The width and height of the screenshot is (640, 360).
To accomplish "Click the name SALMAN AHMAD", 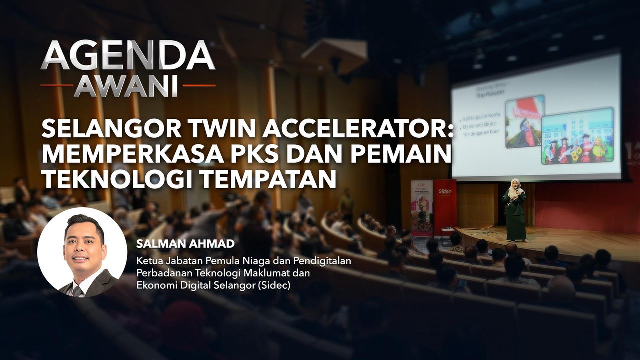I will click(165, 244).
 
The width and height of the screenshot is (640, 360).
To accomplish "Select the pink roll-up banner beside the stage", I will click(421, 207).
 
